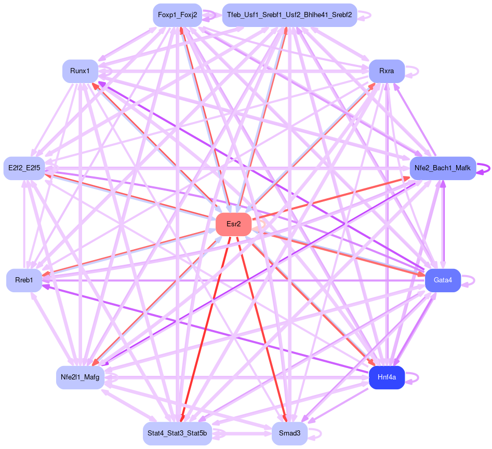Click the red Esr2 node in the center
click(x=234, y=224)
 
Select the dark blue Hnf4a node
click(x=387, y=377)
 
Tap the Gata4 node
click(x=443, y=280)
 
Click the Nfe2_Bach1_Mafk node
click(x=443, y=168)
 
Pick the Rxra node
click(x=387, y=71)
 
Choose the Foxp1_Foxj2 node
click(x=177, y=15)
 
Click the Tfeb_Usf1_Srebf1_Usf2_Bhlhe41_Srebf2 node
click(x=289, y=15)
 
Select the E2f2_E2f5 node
click(x=24, y=168)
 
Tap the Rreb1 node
click(x=24, y=280)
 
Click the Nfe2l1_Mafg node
click(x=80, y=377)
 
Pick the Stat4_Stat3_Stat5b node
click(x=177, y=433)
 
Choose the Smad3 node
click(x=289, y=433)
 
